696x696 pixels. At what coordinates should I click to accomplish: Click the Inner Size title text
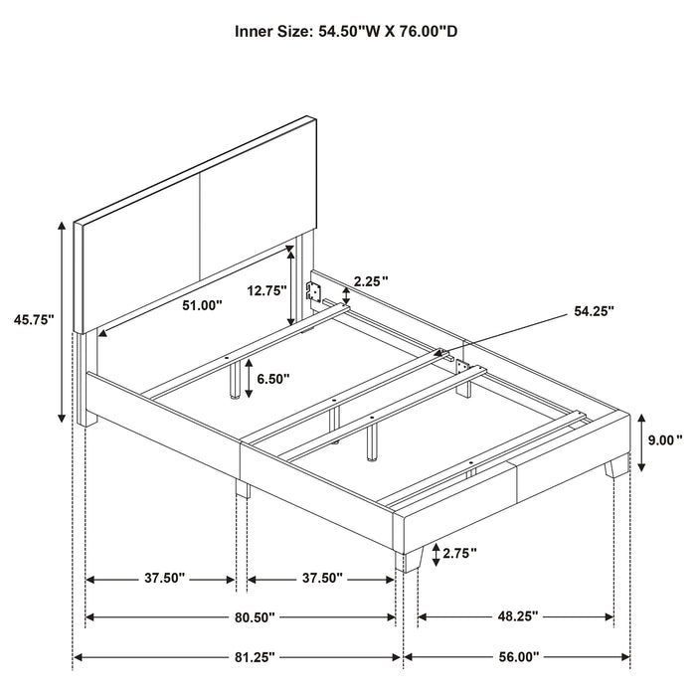point(346,32)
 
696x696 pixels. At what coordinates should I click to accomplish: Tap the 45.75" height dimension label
point(34,319)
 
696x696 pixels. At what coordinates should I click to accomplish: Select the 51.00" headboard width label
point(203,306)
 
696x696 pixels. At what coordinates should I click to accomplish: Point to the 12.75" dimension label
point(266,290)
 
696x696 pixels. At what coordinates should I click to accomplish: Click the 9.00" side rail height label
point(663,438)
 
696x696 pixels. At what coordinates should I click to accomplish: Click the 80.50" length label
point(245,617)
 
